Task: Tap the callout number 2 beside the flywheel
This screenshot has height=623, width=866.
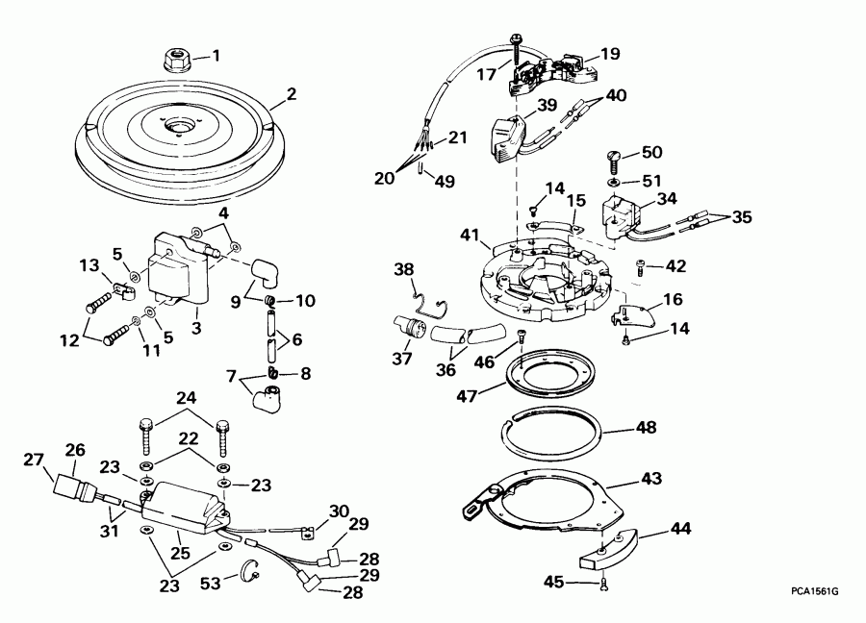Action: tap(292, 95)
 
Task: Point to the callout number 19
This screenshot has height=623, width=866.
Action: tap(610, 53)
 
